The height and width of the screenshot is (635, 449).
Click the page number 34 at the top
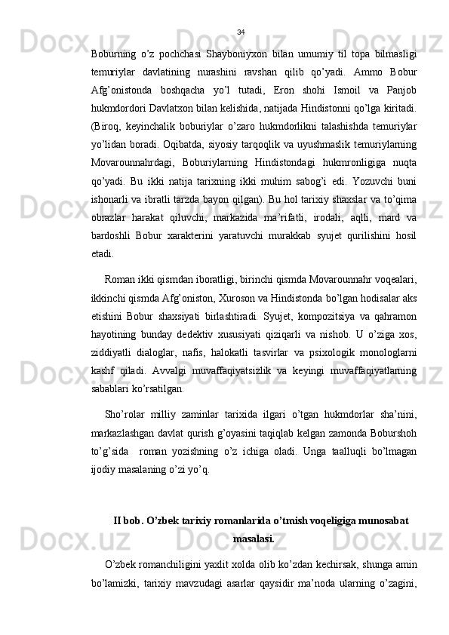click(x=240, y=32)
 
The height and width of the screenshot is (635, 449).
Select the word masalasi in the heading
click(x=254, y=518)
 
